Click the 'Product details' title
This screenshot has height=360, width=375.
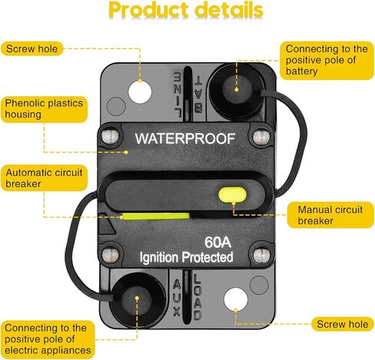pyautogui.click(x=186, y=10)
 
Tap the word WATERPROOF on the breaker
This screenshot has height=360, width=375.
pyautogui.click(x=185, y=138)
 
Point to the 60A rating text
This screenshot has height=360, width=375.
pyautogui.click(x=217, y=242)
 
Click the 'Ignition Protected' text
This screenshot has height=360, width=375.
pyautogui.click(x=186, y=257)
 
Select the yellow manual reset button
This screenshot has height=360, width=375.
pyautogui.click(x=232, y=195)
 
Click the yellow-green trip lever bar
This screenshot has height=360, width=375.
pyautogui.click(x=156, y=216)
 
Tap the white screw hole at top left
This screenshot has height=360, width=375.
pyautogui.click(x=140, y=92)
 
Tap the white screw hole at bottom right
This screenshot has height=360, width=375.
pyautogui.click(x=236, y=300)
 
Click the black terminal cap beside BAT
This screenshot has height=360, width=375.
pyautogui.click(x=237, y=90)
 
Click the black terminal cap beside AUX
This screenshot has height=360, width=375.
pyautogui.click(x=137, y=299)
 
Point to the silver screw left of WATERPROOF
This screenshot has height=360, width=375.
pyautogui.click(x=111, y=137)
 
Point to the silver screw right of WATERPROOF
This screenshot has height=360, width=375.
pyautogui.click(x=261, y=137)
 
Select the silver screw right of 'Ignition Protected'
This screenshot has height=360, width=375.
pyautogui.click(x=261, y=255)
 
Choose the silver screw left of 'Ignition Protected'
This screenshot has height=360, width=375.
pyautogui.click(x=111, y=255)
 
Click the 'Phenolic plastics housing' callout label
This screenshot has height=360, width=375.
pyautogui.click(x=44, y=109)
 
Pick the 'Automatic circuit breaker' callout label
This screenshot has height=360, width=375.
pyautogui.click(x=44, y=178)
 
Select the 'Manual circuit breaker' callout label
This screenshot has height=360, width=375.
pyautogui.click(x=330, y=215)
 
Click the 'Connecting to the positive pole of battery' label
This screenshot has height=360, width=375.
pyautogui.click(x=327, y=60)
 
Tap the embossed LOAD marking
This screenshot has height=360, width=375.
pyautogui.click(x=197, y=297)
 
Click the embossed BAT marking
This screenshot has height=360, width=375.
pyautogui.click(x=199, y=95)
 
